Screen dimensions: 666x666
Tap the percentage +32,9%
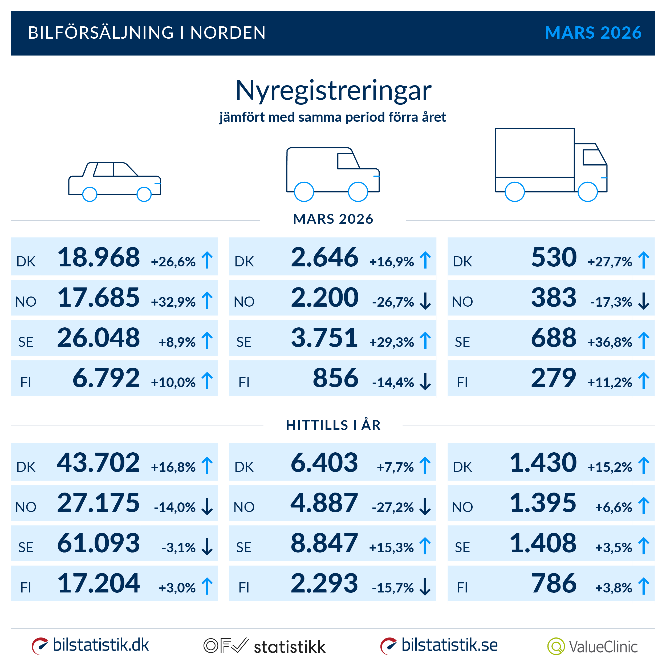[173, 302]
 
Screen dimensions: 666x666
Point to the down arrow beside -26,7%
[425, 301]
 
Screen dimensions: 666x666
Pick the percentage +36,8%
[610, 342]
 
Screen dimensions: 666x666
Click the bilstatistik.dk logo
[90, 645]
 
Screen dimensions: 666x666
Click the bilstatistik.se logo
[439, 645]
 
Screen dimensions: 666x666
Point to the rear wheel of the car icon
[90, 194]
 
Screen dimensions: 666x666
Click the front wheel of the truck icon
[587, 192]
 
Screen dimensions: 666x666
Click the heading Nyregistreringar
[333, 90]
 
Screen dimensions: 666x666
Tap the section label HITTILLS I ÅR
[333, 425]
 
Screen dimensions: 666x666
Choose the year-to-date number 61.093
[99, 543]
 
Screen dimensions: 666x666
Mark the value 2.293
[324, 583]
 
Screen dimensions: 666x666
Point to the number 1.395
[543, 503]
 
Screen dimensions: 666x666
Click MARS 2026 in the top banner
[593, 33]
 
